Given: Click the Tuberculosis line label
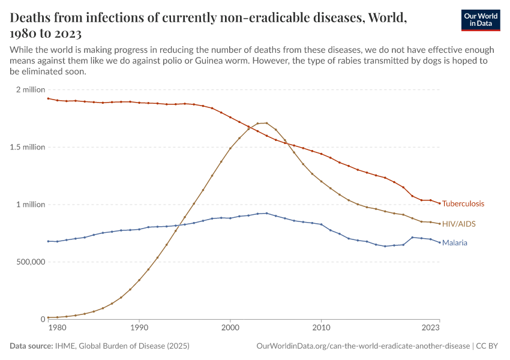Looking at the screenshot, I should click(x=463, y=204).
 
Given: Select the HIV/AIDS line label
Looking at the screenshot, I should click(x=458, y=224).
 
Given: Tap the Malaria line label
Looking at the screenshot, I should click(x=455, y=243).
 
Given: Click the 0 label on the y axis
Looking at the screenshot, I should click(x=42, y=319).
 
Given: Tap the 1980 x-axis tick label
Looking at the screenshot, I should click(x=57, y=328).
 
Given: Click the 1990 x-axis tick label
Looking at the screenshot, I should click(x=139, y=328).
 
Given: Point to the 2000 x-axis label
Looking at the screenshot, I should click(x=230, y=328).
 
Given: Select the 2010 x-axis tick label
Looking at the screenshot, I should click(x=322, y=328).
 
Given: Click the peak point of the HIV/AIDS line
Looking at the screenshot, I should click(x=266, y=123).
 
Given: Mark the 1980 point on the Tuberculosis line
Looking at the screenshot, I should click(x=48, y=98).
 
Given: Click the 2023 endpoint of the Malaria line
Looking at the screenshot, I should click(x=440, y=242).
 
